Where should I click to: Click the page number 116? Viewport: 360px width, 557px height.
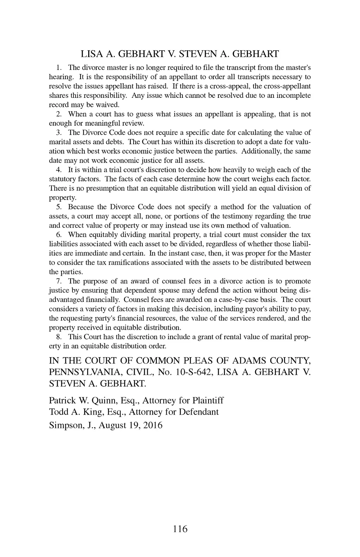coord(180,529)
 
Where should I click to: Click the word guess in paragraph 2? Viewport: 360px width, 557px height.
coord(144,114)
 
